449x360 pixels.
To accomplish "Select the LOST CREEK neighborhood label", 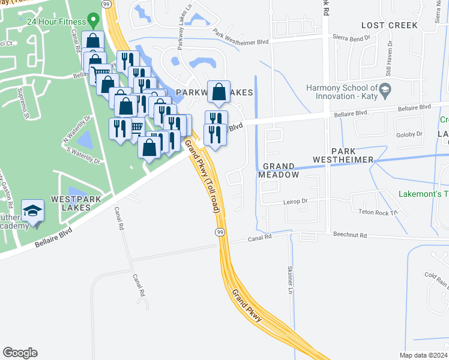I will click(x=389, y=25).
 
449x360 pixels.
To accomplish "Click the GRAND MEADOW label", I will click(x=279, y=170).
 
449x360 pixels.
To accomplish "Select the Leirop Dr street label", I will click(x=295, y=202).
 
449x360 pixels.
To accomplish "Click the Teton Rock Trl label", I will click(x=378, y=212).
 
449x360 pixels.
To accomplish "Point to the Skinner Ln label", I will click(x=290, y=280).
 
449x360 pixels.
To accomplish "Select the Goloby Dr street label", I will click(x=410, y=134).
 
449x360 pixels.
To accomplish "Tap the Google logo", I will click(x=20, y=353).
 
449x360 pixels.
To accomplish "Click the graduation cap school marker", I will click(x=32, y=212).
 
